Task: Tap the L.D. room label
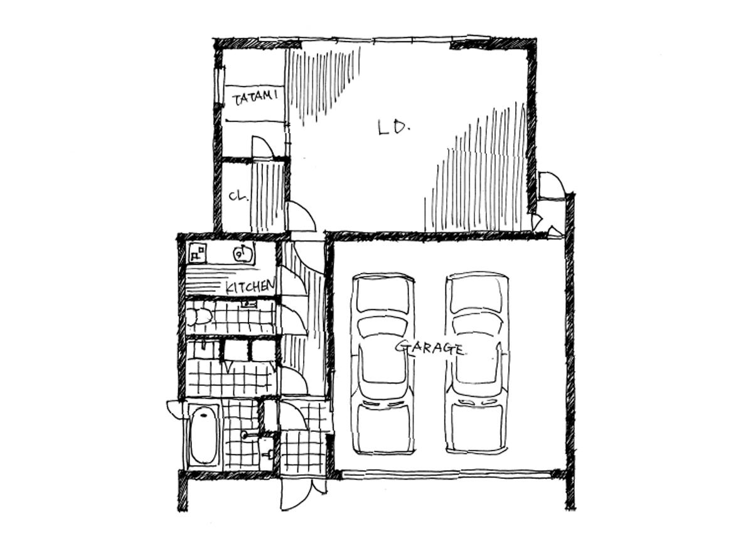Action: click(394, 127)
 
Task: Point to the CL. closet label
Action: click(238, 196)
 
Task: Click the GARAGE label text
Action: click(431, 348)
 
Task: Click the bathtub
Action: click(203, 436)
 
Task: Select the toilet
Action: click(198, 317)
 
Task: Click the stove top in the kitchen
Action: click(198, 253)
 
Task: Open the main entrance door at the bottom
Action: click(295, 497)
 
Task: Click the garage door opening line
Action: click(446, 474)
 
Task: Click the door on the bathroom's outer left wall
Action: click(176, 409)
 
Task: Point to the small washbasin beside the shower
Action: click(267, 454)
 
